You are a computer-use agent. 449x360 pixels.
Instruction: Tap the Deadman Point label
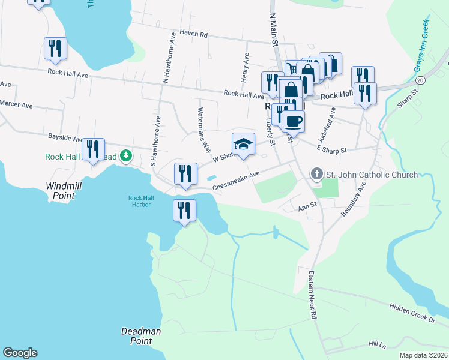click(141, 335)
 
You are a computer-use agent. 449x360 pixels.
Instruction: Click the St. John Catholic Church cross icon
click(317, 175)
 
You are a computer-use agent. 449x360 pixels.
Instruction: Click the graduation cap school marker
click(243, 145)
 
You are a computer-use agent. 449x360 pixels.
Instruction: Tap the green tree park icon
click(125, 157)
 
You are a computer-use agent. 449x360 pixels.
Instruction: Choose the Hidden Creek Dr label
click(411, 313)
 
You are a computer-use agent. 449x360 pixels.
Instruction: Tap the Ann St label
click(307, 209)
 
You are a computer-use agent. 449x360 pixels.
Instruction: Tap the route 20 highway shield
click(420, 80)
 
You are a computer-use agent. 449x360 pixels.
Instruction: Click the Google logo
click(20, 353)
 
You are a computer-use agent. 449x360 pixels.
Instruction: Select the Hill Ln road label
click(377, 344)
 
